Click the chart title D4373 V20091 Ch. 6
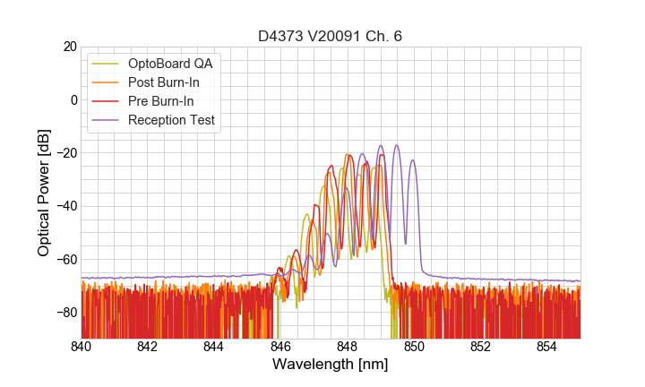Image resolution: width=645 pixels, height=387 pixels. point(331,37)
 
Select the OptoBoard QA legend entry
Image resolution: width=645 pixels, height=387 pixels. point(171,64)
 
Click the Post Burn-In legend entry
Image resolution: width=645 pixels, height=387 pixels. point(164,82)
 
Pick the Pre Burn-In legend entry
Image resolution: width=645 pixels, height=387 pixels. point(161,101)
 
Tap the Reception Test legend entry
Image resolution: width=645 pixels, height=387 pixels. point(171,120)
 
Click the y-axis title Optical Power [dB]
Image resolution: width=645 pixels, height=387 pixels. point(44,192)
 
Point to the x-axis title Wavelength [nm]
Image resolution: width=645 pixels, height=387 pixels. point(331,365)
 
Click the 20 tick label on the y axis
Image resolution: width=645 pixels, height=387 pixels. point(68,47)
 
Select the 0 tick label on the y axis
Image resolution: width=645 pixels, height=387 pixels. point(73,99)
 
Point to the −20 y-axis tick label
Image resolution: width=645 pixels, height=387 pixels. point(64,153)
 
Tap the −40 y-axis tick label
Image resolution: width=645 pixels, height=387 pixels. point(64,206)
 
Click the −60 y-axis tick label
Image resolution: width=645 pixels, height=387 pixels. point(64,259)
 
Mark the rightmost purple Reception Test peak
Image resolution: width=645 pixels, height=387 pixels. point(413,160)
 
